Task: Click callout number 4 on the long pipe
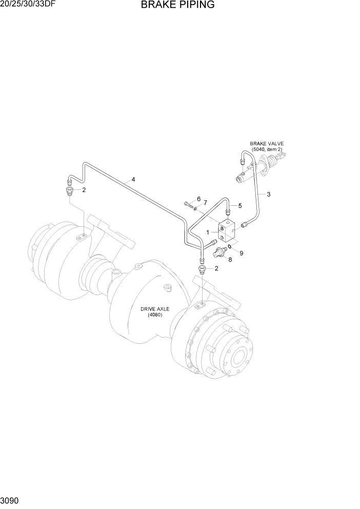pos(133,180)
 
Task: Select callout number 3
pos(268,194)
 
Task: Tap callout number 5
pos(239,206)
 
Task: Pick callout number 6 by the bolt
pos(198,199)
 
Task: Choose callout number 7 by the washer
pos(205,203)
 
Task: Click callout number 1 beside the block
pos(208,232)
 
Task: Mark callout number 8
pos(230,260)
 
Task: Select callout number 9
pos(241,252)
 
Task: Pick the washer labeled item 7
pos(196,208)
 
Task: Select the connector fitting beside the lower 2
pos(203,269)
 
